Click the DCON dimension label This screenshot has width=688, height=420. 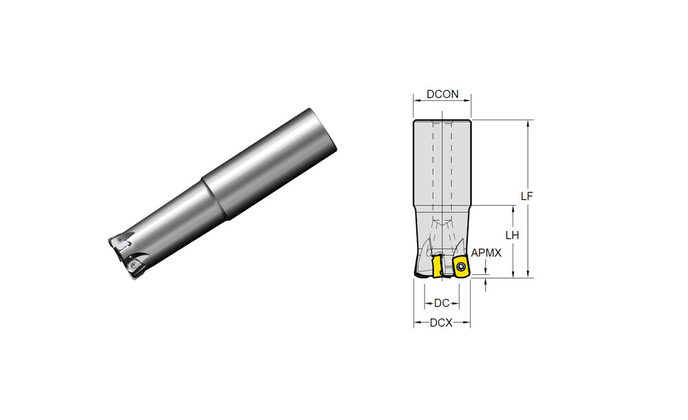pyautogui.click(x=442, y=94)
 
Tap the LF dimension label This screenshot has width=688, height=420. pyautogui.click(x=526, y=196)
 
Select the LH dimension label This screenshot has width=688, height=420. pyautogui.click(x=512, y=235)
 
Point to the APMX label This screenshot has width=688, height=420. pyautogui.click(x=486, y=253)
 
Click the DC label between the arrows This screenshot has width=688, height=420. pyautogui.click(x=442, y=303)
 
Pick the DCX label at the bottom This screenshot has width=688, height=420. pyautogui.click(x=441, y=323)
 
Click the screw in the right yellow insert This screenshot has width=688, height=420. pyautogui.click(x=460, y=265)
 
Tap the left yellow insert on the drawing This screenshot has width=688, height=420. pyautogui.click(x=437, y=267)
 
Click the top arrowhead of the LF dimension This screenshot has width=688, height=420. pyautogui.click(x=528, y=123)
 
